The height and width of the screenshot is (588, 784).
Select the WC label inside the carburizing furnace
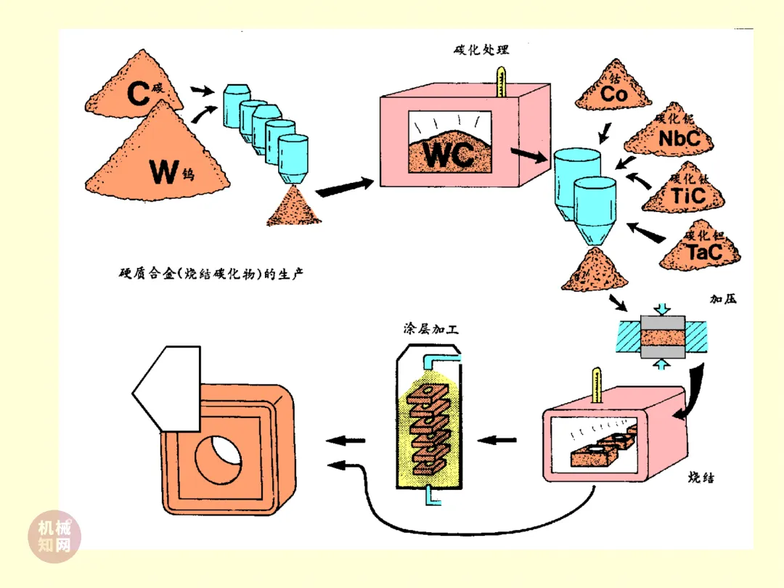pyautogui.click(x=447, y=155)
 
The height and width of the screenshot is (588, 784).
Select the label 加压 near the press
pyautogui.click(x=724, y=298)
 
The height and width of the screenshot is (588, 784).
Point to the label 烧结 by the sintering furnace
pyautogui.click(x=702, y=478)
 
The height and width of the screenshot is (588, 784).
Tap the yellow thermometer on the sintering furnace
pyautogui.click(x=597, y=385)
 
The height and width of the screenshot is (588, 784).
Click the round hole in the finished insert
pyautogui.click(x=220, y=462)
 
